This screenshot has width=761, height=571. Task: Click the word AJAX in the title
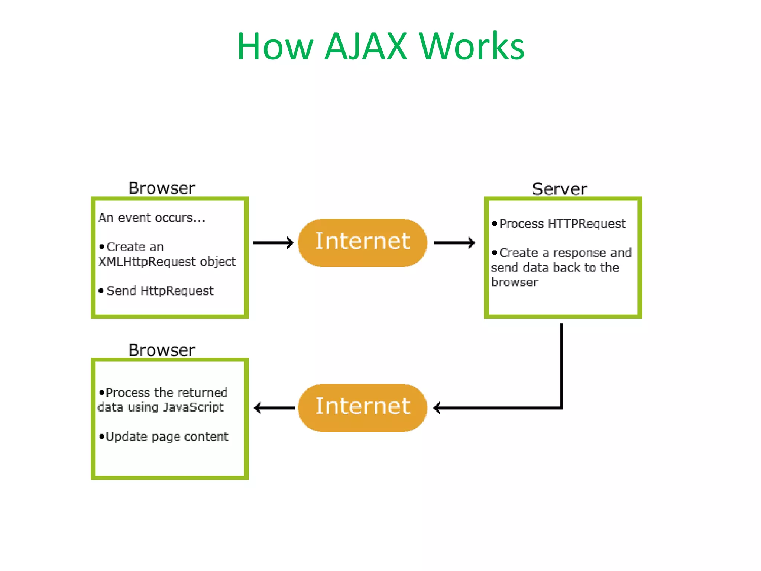(x=366, y=46)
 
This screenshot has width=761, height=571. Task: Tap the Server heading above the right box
(x=559, y=189)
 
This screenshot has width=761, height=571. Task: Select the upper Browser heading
(x=162, y=188)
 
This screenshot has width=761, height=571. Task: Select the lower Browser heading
(x=162, y=350)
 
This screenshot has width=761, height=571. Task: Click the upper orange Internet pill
(x=362, y=242)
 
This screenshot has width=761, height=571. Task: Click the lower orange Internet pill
(x=362, y=407)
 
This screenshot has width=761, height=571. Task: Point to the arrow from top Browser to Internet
(x=273, y=243)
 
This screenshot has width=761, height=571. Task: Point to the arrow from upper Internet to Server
(x=454, y=243)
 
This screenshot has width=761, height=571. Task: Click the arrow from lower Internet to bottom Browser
(x=274, y=408)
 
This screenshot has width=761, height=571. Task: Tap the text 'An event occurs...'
(x=152, y=217)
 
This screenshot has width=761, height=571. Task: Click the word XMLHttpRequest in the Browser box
(x=147, y=262)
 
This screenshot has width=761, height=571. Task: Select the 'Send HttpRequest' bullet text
(x=160, y=291)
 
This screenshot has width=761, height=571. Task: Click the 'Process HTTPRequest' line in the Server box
(x=562, y=223)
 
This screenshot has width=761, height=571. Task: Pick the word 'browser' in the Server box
(x=514, y=282)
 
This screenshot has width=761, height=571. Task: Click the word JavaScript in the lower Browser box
(x=193, y=407)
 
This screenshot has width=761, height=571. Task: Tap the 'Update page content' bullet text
(x=167, y=436)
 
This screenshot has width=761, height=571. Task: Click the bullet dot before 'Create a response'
(x=494, y=253)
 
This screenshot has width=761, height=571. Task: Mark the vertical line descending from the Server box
(x=561, y=364)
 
